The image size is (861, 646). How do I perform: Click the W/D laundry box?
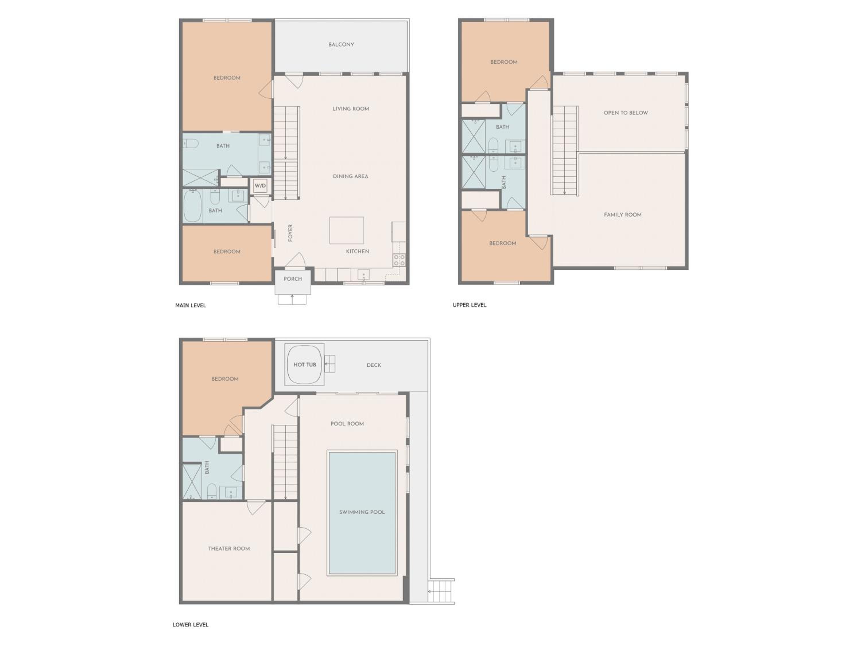coord(260,186)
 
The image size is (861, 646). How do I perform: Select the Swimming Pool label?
coord(362,512)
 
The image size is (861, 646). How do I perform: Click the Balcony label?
coord(341,45)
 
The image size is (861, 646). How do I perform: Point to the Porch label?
coord(293,279)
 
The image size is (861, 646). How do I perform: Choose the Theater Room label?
coord(229,549)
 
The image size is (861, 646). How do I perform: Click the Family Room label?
coord(623,214)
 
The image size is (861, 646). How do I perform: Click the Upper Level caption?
coord(470,305)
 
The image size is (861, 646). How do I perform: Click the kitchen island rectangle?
coord(346,231)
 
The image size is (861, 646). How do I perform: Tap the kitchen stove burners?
coord(399,260)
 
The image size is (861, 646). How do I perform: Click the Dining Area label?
coord(351,176)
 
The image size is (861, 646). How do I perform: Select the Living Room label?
coord(351,109)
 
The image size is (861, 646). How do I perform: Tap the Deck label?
coord(374,365)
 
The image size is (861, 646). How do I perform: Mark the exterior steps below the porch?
coord(292,299)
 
